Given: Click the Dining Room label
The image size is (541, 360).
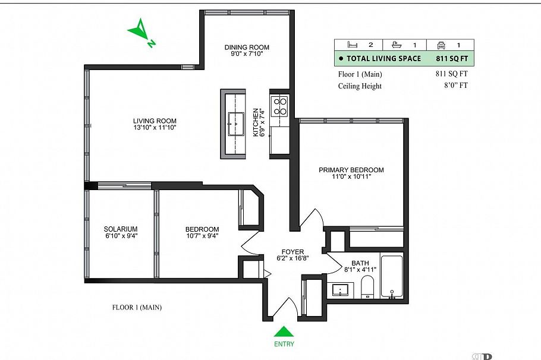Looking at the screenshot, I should pyautogui.click(x=247, y=48).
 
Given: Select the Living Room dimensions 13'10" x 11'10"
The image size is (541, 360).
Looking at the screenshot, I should pyautogui.click(x=155, y=128).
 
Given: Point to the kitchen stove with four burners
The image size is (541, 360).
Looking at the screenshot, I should pyautogui.click(x=279, y=106).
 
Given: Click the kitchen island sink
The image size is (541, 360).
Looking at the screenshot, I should pyautogui.click(x=236, y=124).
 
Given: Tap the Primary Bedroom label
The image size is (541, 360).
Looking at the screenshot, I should pyautogui.click(x=351, y=170).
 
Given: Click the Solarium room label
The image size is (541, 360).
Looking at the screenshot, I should pyautogui.click(x=121, y=229).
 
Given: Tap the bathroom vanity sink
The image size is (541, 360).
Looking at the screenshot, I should pyautogui.click(x=341, y=290).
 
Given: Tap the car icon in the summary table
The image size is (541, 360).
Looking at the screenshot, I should pyautogui.click(x=441, y=45).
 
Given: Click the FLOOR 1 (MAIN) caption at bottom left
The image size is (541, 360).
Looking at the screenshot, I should pyautogui.click(x=137, y=308).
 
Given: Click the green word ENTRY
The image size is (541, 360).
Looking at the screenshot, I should pyautogui.click(x=284, y=344).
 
